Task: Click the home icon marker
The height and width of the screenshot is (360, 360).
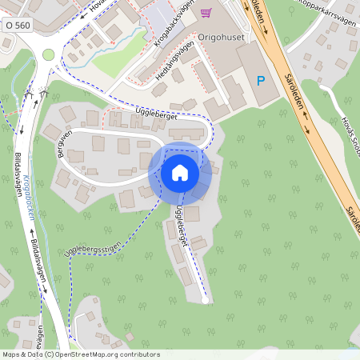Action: pyautogui.click(x=180, y=172)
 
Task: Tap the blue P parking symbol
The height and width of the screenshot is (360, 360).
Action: pyautogui.click(x=260, y=81)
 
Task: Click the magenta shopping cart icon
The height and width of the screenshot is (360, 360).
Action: pyautogui.click(x=206, y=13)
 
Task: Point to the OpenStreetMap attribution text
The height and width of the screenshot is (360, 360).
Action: pyautogui.click(x=81, y=354)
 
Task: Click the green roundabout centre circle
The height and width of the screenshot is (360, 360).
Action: pyautogui.click(x=49, y=54)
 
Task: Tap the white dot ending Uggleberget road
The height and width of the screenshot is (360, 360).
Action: pyautogui.click(x=206, y=302)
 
